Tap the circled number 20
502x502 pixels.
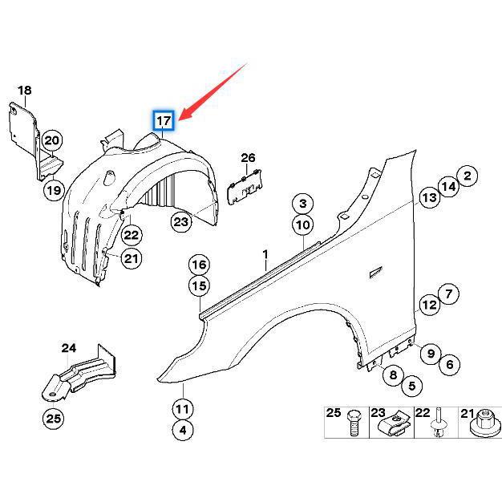52,140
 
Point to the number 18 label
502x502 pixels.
25,91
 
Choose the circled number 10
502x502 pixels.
302,225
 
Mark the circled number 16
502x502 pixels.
198,265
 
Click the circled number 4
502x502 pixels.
183,430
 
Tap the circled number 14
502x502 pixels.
448,187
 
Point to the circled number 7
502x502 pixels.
449,294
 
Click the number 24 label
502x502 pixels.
69,348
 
